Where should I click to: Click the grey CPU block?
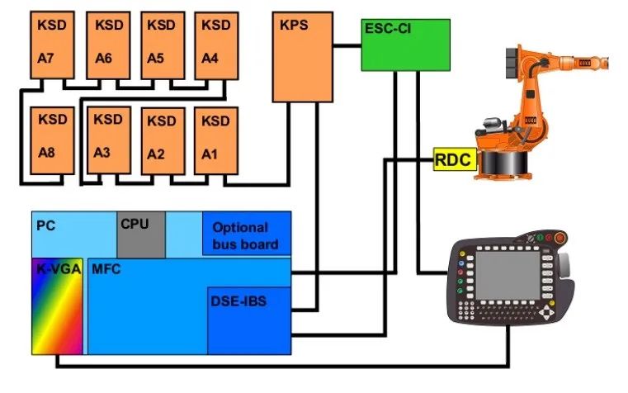point(140,234)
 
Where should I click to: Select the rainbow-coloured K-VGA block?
point(57,305)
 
